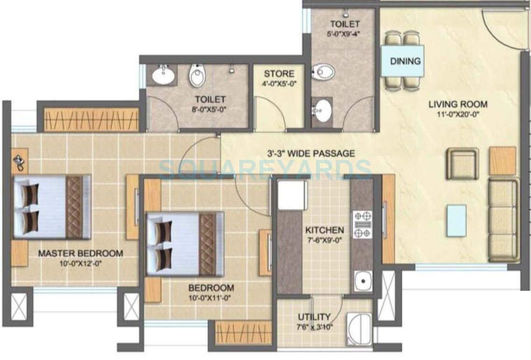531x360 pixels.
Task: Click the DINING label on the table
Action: (405, 61)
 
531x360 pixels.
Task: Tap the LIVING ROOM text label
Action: (458, 104)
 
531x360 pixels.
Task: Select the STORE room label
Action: (279, 74)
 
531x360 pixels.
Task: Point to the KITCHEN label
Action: (324, 230)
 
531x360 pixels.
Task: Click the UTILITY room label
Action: (314, 317)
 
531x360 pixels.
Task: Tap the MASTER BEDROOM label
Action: (80, 253)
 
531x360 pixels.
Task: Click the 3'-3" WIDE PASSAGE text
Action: (311, 153)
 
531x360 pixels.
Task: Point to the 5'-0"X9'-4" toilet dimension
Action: (345, 34)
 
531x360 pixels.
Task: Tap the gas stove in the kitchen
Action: (362, 224)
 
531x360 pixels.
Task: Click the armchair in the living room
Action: (462, 164)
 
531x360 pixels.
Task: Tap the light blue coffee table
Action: (456, 220)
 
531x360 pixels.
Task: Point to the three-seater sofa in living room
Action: (503, 220)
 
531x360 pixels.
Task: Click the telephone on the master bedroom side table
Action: (20, 161)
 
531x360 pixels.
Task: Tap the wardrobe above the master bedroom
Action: (92, 120)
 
